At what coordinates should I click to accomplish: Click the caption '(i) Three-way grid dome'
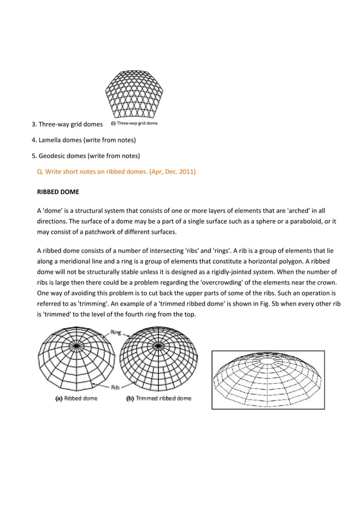(x=134, y=123)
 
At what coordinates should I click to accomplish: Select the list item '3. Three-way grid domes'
(x=67, y=124)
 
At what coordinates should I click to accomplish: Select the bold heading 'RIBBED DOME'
(x=58, y=191)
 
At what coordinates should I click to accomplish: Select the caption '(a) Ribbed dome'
(x=76, y=398)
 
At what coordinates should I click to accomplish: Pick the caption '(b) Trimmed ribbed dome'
(x=158, y=398)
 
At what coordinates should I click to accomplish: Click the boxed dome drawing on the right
(x=267, y=378)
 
